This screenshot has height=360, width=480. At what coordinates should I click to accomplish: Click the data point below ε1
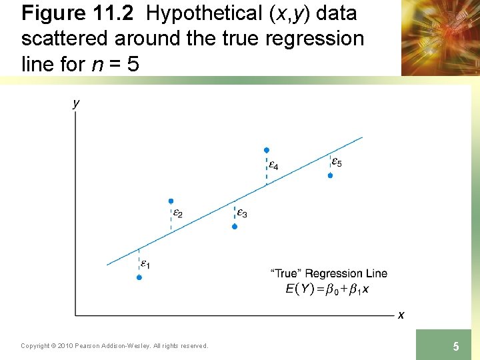pyautogui.click(x=139, y=277)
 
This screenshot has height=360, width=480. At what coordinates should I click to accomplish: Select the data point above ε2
pyautogui.click(x=171, y=201)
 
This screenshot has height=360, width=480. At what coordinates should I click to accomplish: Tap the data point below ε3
pyautogui.click(x=235, y=227)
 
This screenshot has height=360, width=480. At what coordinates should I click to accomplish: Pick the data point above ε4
pyautogui.click(x=267, y=151)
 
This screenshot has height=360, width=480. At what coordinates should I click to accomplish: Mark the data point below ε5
pyautogui.click(x=330, y=175)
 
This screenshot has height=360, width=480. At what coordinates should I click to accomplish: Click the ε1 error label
pyautogui.click(x=145, y=264)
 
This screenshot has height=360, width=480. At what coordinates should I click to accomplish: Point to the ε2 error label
pyautogui.click(x=177, y=214)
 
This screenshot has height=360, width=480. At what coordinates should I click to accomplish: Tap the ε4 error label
pyautogui.click(x=273, y=164)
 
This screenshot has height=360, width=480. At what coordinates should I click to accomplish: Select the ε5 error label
pyautogui.click(x=337, y=162)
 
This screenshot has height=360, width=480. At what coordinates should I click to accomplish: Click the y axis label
pyautogui.click(x=76, y=103)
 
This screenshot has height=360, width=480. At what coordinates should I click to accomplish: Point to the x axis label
pyautogui.click(x=401, y=315)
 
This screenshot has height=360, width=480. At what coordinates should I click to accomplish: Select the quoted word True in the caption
pyautogui.click(x=285, y=273)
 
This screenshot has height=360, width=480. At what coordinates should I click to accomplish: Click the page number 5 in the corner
pyautogui.click(x=456, y=346)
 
